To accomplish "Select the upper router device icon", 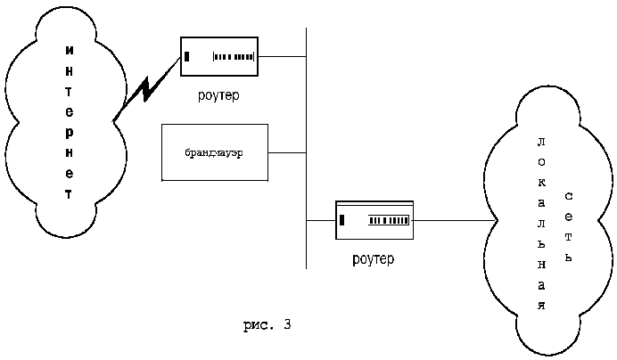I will click(x=219, y=58).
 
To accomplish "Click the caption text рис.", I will click(x=258, y=324).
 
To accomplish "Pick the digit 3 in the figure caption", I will click(x=287, y=324).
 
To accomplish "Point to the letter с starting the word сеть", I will click(x=569, y=193).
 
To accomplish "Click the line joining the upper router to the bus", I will click(x=282, y=58).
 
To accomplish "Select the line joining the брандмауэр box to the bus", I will click(x=286, y=153).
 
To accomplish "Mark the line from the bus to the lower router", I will click(x=320, y=220).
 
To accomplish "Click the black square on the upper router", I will click(x=188, y=58).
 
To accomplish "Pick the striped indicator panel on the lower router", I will click(x=391, y=219).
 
